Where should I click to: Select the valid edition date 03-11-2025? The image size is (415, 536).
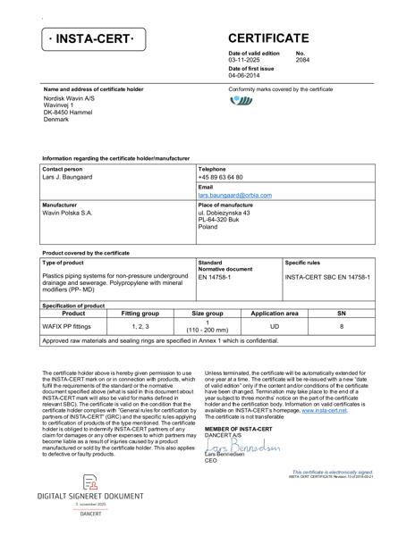pyautogui.click(x=248, y=60)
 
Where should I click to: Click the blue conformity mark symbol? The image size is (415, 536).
pyautogui.click(x=241, y=101)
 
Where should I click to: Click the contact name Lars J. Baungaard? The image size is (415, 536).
pyautogui.click(x=67, y=178)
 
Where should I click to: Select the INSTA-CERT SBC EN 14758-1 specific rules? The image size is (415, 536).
pyautogui.click(x=327, y=277)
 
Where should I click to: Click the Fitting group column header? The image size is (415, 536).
pyautogui.click(x=140, y=314)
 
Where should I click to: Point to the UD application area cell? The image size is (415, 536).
pyautogui.click(x=275, y=326)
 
